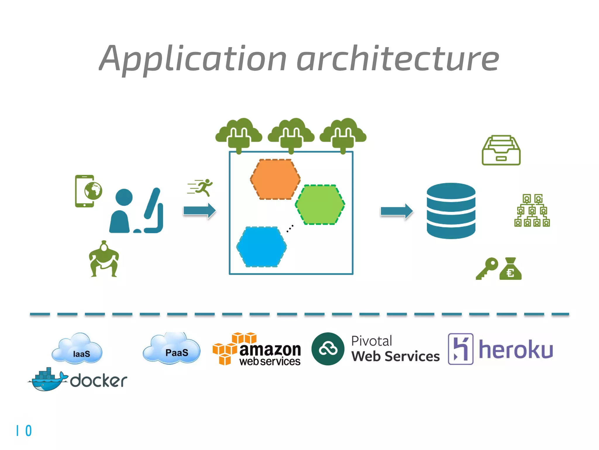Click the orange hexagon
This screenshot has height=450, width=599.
coord(275,179)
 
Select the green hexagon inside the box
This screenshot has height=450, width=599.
coord(320,204)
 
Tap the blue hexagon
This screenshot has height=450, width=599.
coord(261,247)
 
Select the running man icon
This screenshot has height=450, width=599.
coord(201,187)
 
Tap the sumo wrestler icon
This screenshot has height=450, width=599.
coord(104,259)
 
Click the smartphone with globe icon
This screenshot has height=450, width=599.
coord(88,191)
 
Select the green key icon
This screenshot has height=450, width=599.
coord(487,268)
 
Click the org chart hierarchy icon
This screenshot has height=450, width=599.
coord(532,210)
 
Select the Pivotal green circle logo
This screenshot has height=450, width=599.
coord(328,349)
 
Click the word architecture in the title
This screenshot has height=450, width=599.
coord(397,58)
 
